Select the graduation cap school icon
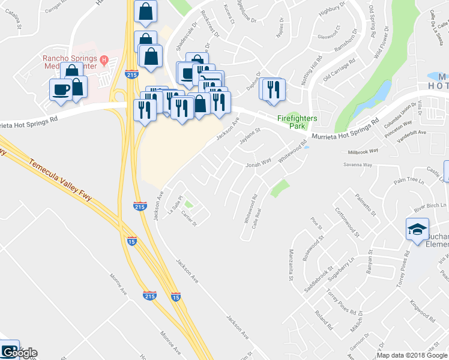pyautogui.click(x=417, y=229)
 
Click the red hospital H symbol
pyautogui.click(x=104, y=59)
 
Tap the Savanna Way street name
pyautogui.click(x=357, y=164)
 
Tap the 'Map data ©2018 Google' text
pyautogui.click(x=412, y=355)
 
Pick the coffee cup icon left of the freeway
pyautogui.click(x=60, y=89)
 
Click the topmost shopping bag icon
pyautogui.click(x=146, y=11)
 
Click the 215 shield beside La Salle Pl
pyautogui.click(x=139, y=206)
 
